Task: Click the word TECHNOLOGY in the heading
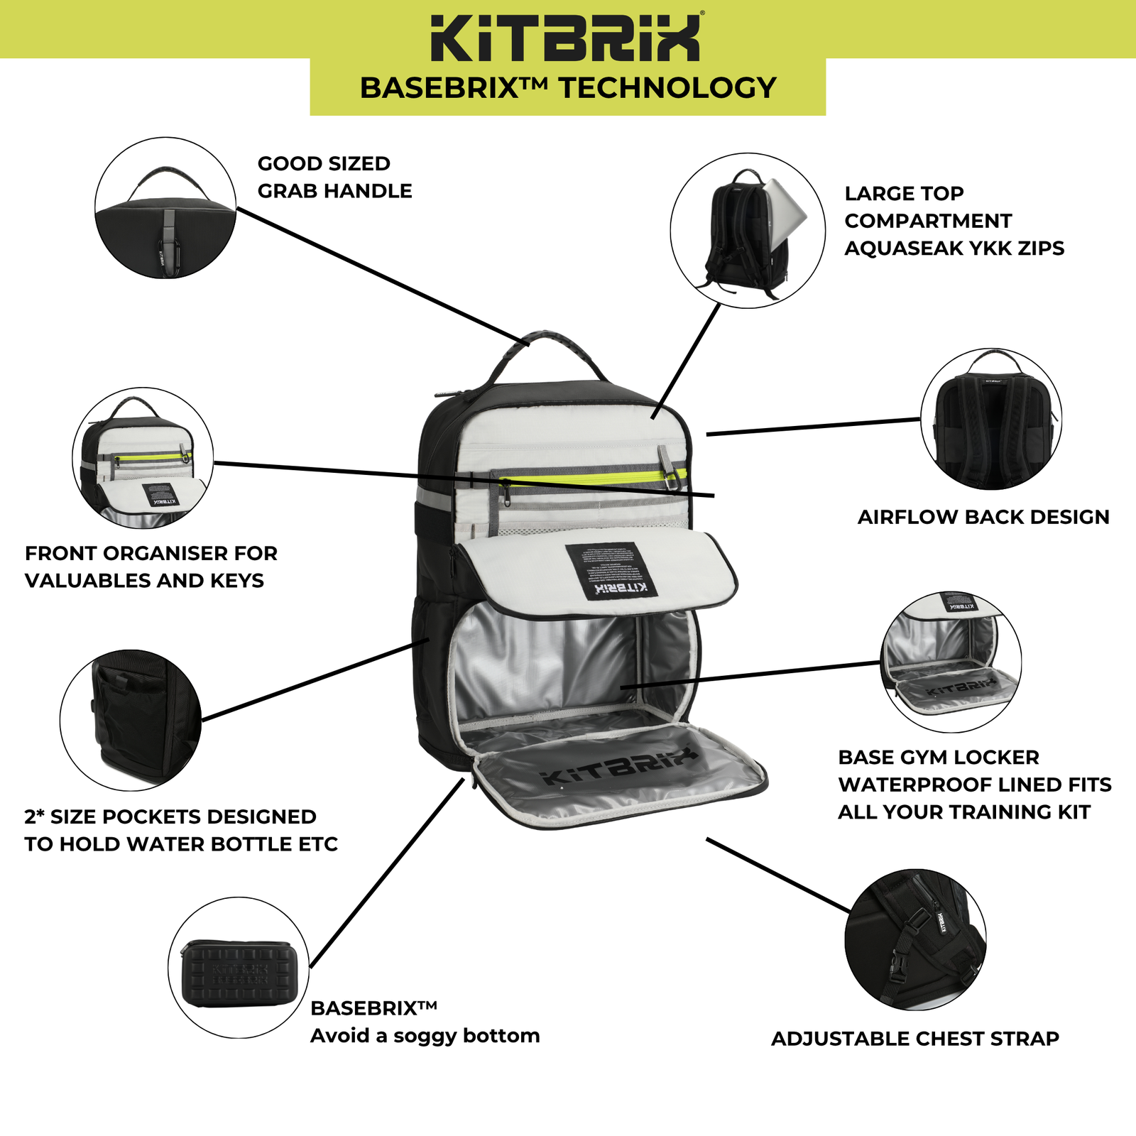point(667,88)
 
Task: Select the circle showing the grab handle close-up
point(165,207)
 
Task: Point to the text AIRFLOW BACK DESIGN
point(983,517)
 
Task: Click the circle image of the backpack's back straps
point(991,419)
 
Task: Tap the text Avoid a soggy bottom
point(425,1036)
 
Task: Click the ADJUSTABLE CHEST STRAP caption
point(914,1039)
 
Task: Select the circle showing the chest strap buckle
point(915,939)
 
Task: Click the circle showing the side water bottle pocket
point(131,720)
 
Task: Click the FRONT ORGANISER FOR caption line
point(151,553)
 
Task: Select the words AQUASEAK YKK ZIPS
point(954,248)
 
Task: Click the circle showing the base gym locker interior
point(951,662)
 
